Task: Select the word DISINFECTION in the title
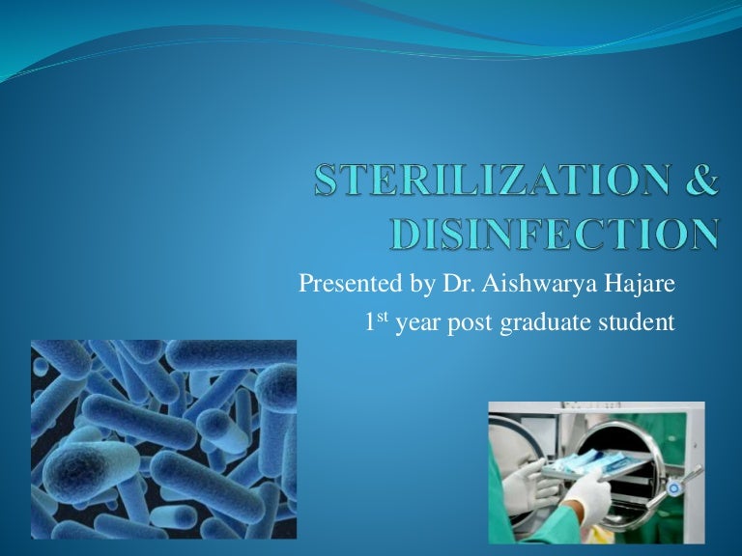coord(545,235)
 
